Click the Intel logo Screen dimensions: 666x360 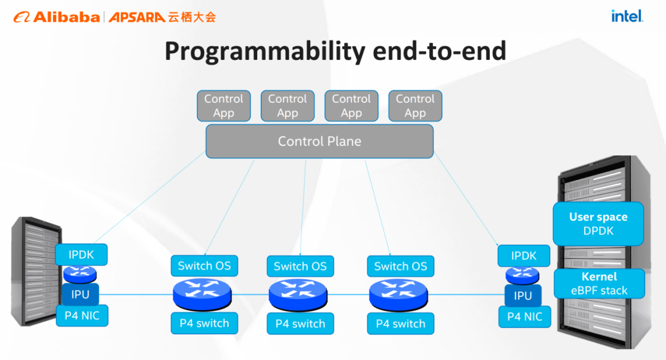pyautogui.click(x=627, y=16)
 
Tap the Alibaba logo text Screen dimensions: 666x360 pyautogui.click(x=67, y=17)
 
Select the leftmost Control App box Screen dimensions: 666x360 pyautogui.click(x=224, y=105)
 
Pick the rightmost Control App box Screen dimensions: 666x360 pyautogui.click(x=415, y=105)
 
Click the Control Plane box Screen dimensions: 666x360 pyautogui.click(x=319, y=141)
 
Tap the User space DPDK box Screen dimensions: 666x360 pyautogui.click(x=598, y=224)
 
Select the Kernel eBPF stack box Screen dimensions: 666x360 pyautogui.click(x=599, y=284)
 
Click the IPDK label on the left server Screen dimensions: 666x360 pyautogui.click(x=81, y=255)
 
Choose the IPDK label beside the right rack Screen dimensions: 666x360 pyautogui.click(x=524, y=256)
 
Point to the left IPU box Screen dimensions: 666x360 pyautogui.click(x=80, y=294)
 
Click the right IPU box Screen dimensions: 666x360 pyautogui.click(x=523, y=295)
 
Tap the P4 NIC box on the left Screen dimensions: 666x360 pyautogui.click(x=82, y=316)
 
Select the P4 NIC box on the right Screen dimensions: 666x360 pyautogui.click(x=525, y=317)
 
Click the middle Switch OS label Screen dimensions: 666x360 pyautogui.click(x=300, y=266)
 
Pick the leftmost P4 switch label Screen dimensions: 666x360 pyautogui.click(x=204, y=323)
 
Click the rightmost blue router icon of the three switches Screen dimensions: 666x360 pyautogui.click(x=398, y=295)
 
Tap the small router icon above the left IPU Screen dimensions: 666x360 pyautogui.click(x=80, y=274)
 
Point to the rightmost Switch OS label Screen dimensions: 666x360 pyautogui.click(x=401, y=266)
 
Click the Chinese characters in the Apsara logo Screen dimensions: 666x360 pyautogui.click(x=192, y=17)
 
